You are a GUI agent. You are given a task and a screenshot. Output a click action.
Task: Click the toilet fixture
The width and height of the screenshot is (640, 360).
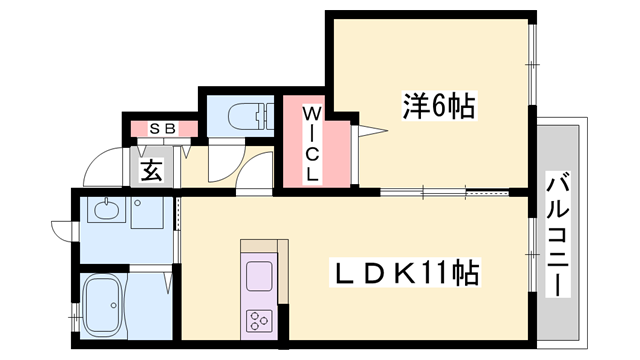[x=244, y=116]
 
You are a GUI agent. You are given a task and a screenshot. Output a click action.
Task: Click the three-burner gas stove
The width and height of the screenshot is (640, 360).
[x=260, y=320]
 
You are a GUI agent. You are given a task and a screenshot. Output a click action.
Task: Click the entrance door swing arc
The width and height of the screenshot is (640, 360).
[x=100, y=165]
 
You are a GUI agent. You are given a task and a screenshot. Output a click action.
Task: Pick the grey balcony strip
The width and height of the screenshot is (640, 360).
[x=560, y=230]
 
